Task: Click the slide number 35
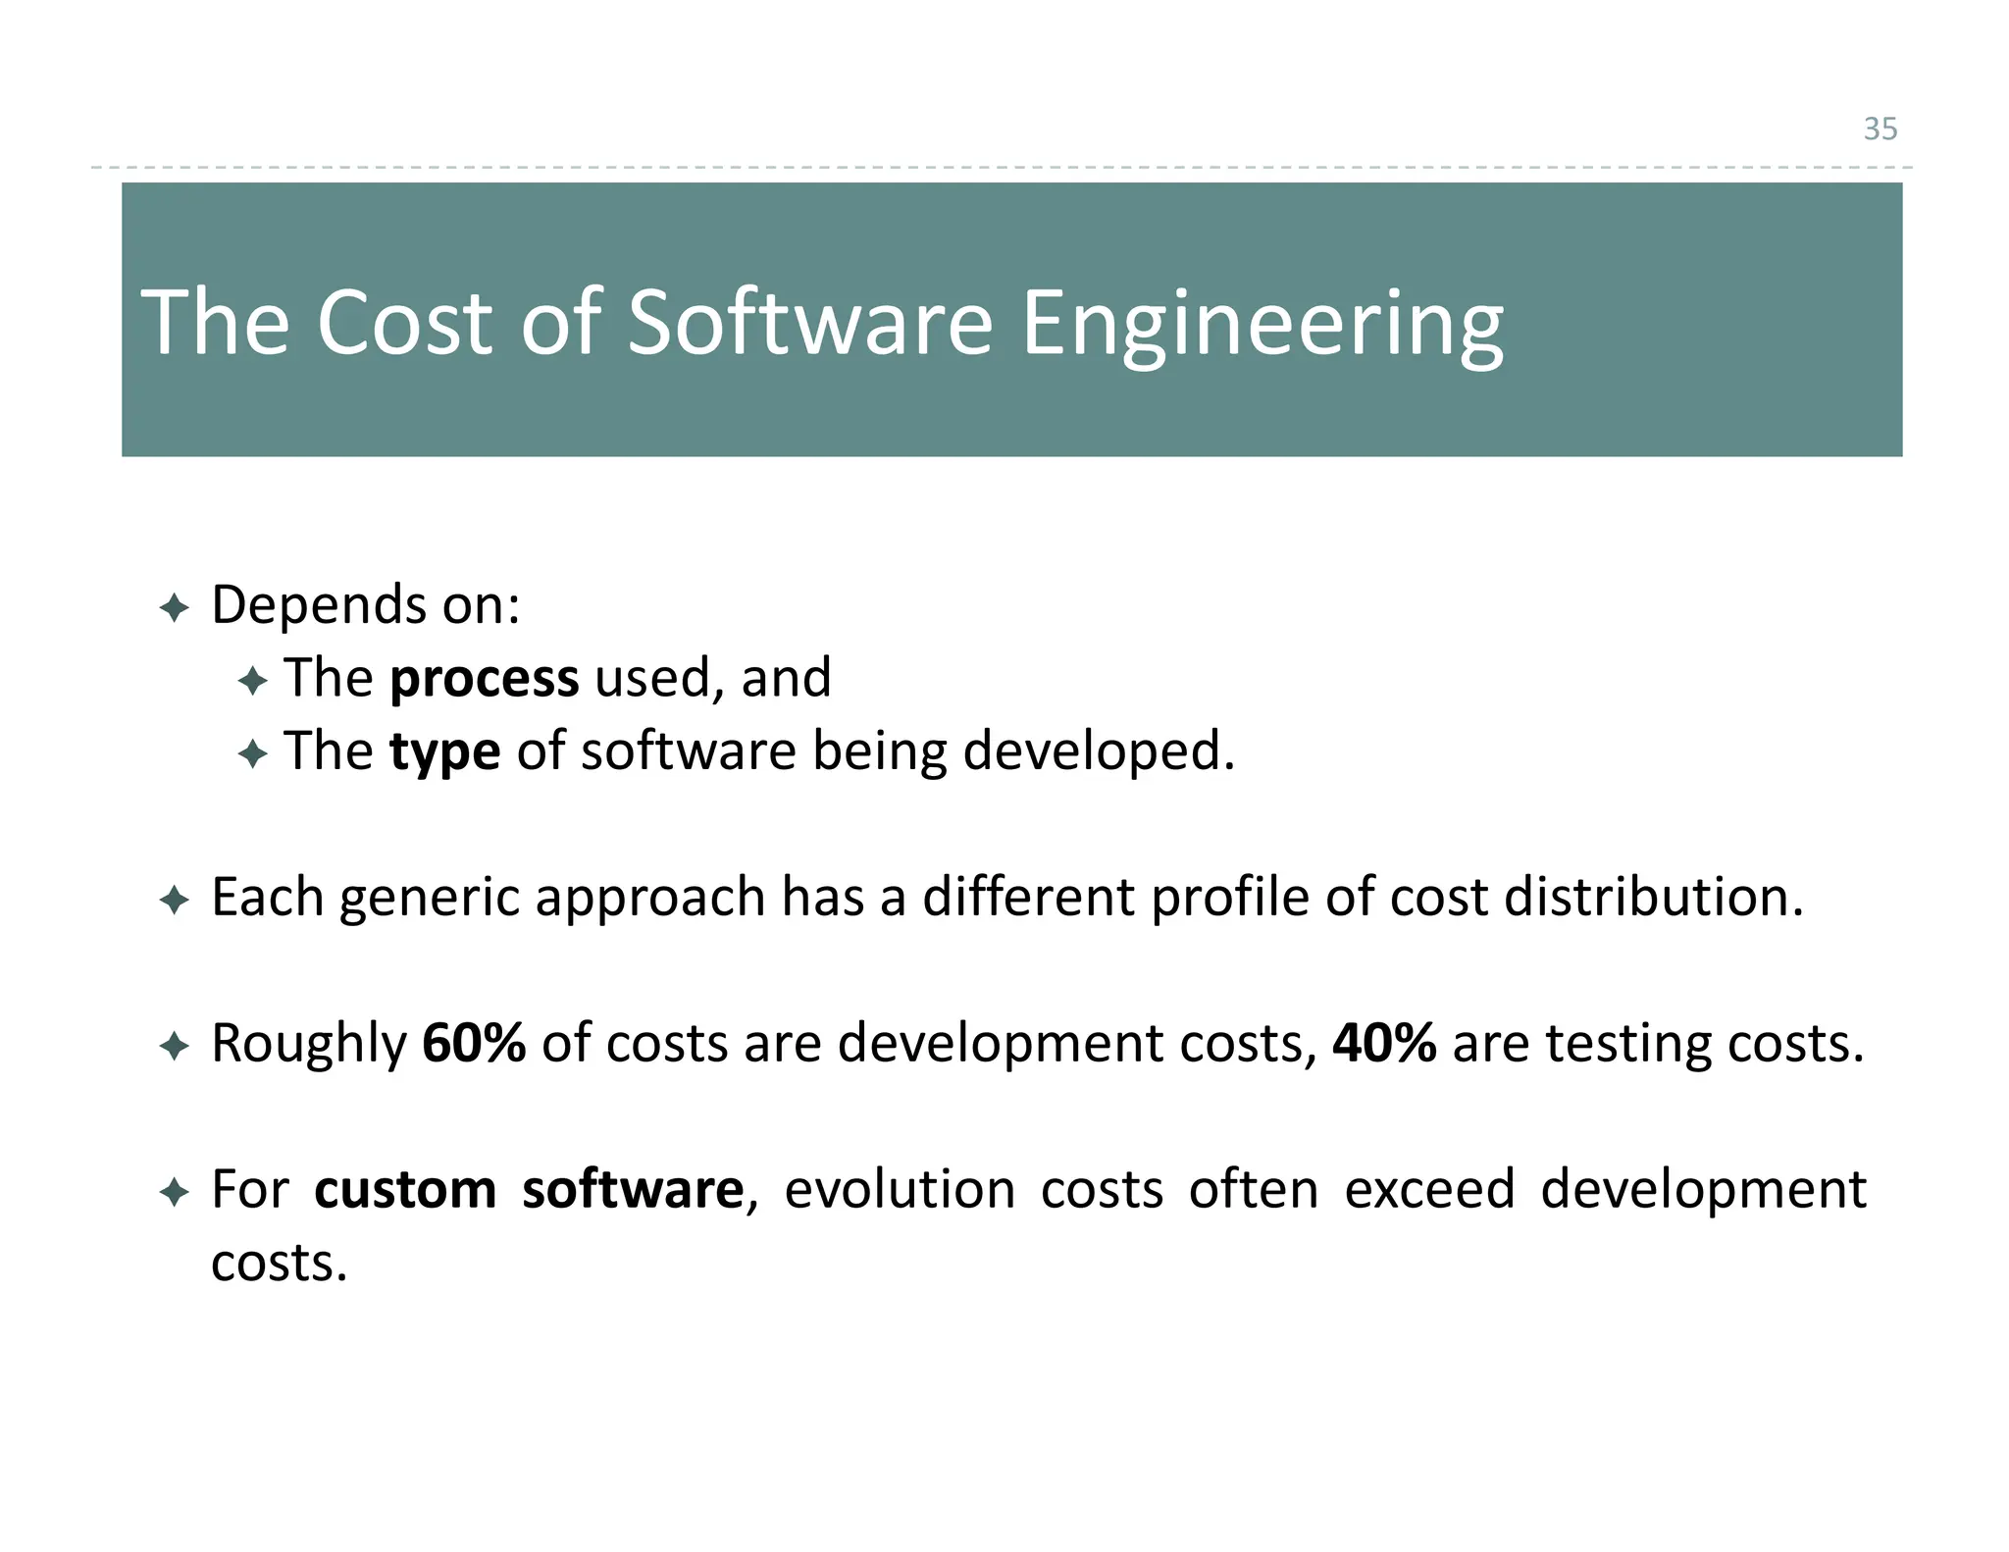tap(1880, 129)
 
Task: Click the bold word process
tap(484, 678)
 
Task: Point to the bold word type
tap(444, 752)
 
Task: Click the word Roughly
tap(309, 1044)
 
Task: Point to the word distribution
tap(1653, 897)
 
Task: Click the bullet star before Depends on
tap(174, 608)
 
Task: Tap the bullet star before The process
tap(252, 681)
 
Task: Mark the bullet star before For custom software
tap(174, 1193)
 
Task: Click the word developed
tap(1098, 752)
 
